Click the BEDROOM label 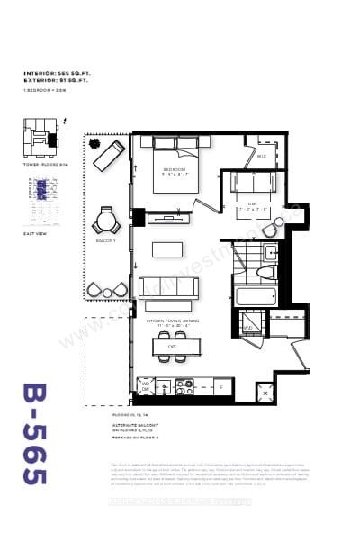click(174, 169)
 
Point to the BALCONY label click(106, 241)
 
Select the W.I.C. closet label click(262, 156)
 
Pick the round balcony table click(107, 220)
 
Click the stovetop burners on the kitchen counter click(184, 387)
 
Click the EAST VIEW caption click(34, 233)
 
